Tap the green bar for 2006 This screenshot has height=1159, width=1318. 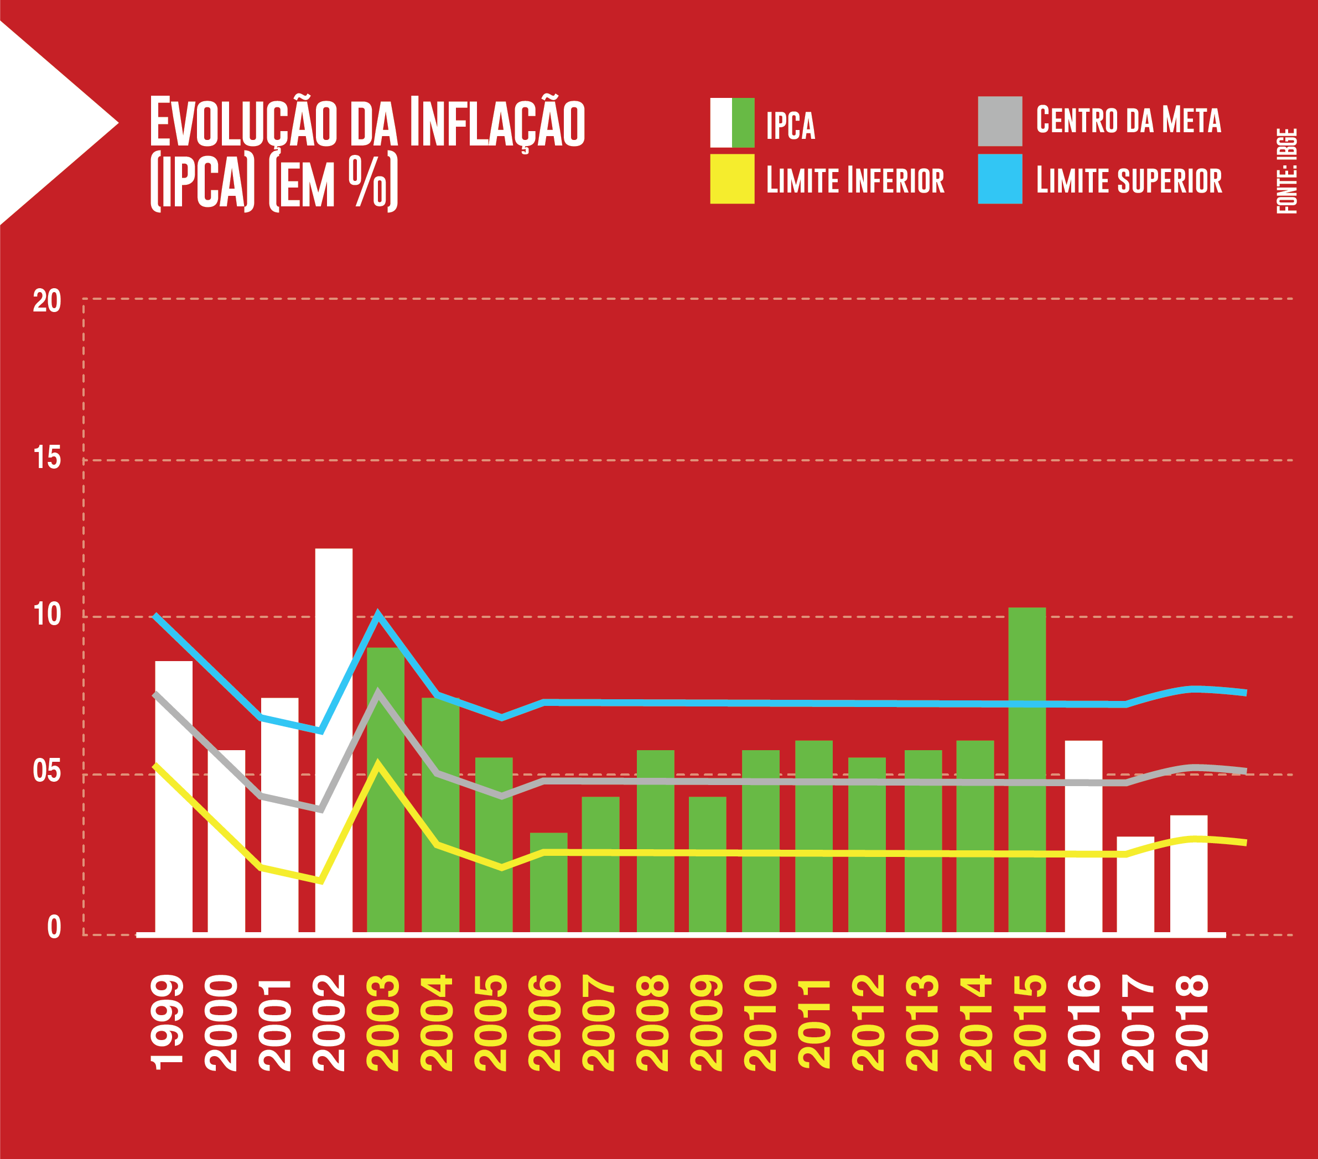tap(548, 882)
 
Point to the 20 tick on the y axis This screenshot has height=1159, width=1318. tap(46, 301)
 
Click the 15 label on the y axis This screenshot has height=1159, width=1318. tap(46, 458)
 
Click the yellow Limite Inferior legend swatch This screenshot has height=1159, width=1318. tap(732, 179)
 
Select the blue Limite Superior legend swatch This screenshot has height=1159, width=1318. tap(999, 179)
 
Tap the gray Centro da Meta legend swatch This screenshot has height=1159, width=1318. tap(999, 121)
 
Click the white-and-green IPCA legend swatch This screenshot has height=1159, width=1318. tap(732, 122)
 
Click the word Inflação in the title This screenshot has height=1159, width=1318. tap(496, 122)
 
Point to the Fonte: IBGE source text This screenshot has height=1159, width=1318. tap(1286, 171)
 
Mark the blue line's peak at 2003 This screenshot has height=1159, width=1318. tap(378, 614)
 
